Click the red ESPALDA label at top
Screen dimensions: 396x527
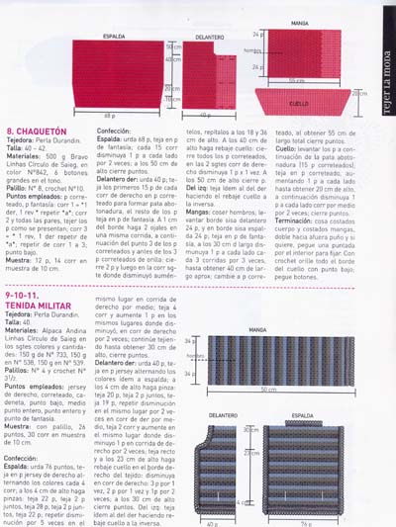tap(115, 38)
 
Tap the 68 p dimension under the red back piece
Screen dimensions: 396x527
tap(111, 116)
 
